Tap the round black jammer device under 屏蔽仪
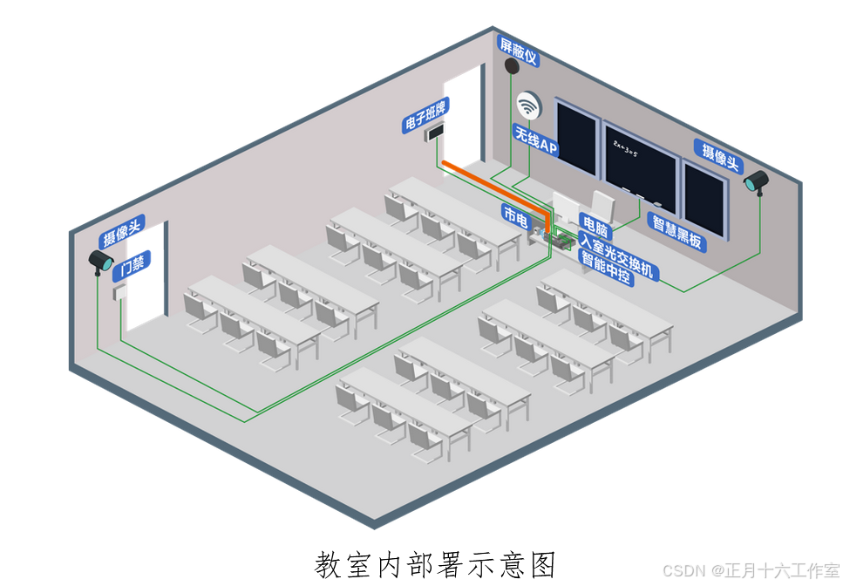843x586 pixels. tap(513, 67)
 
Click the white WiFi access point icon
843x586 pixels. tap(527, 106)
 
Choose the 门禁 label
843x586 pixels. tap(133, 262)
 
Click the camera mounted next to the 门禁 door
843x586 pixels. tap(101, 261)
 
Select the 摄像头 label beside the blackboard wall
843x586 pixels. tap(720, 153)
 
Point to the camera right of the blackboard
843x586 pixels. tap(755, 182)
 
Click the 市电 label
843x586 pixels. tap(515, 217)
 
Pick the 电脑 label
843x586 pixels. tap(595, 225)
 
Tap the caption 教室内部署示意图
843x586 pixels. tap(435, 563)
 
